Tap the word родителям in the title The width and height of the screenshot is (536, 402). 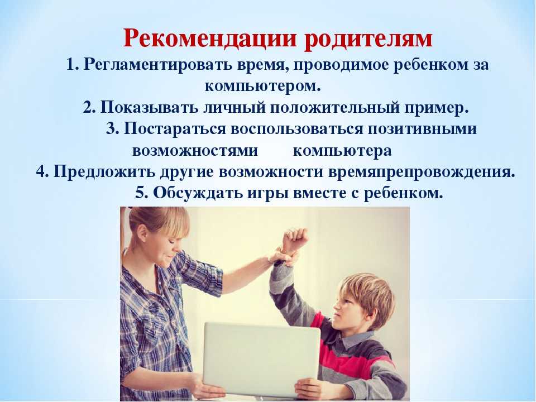(368, 39)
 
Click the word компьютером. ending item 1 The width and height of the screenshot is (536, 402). (263, 86)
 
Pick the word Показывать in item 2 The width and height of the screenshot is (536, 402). (149, 107)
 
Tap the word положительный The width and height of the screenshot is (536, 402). (336, 108)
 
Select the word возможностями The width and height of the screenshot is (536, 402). (195, 150)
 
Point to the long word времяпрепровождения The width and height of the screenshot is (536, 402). (422, 172)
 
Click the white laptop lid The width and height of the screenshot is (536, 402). (261, 359)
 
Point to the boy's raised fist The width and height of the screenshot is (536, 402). (295, 240)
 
